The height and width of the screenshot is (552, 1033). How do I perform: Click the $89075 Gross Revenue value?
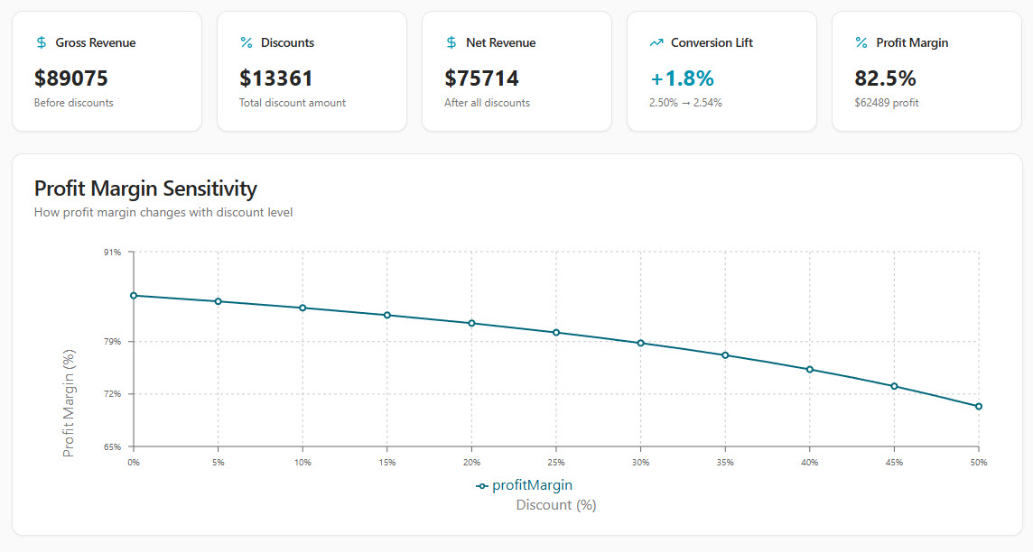click(x=71, y=78)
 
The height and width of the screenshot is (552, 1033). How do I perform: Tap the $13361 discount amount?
click(x=276, y=78)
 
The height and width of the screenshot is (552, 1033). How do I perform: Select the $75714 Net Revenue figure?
click(x=482, y=78)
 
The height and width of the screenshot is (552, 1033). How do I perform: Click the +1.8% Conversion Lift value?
click(x=682, y=78)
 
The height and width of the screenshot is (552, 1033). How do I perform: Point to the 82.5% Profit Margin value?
click(x=885, y=78)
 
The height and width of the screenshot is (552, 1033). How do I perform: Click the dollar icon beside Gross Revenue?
click(x=42, y=42)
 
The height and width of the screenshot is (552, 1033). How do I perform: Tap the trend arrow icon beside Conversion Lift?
click(x=656, y=42)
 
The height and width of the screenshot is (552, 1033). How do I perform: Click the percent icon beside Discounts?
click(x=247, y=42)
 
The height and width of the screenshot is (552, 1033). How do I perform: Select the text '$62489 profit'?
click(x=887, y=103)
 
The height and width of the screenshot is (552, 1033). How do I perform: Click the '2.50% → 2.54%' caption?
click(x=685, y=103)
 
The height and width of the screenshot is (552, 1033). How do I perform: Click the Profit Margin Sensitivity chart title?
click(x=145, y=189)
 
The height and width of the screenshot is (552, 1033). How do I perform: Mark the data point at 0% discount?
click(x=134, y=296)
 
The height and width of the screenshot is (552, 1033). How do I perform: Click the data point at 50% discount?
click(x=978, y=407)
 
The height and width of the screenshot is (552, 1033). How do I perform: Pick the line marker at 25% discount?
click(x=556, y=333)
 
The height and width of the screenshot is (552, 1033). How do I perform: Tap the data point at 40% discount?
click(x=810, y=369)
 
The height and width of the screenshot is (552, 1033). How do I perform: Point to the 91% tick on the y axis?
click(x=112, y=253)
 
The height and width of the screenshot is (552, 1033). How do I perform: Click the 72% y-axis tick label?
click(x=112, y=394)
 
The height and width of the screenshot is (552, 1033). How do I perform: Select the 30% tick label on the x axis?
click(x=640, y=463)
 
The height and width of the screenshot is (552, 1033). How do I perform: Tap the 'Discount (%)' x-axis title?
click(x=556, y=505)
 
